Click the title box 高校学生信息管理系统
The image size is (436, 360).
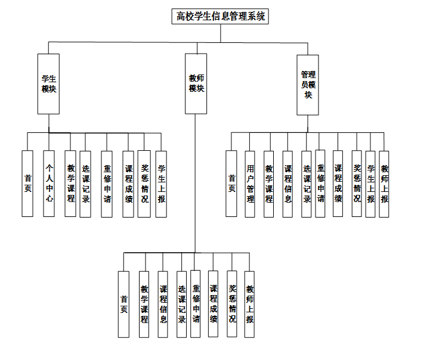[x=219, y=16]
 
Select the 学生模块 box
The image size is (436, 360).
[x=48, y=83]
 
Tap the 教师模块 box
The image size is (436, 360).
[x=196, y=83]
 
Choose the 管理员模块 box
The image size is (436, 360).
[x=308, y=85]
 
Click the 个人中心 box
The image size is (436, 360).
[x=49, y=184]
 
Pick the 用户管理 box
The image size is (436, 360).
[x=251, y=184]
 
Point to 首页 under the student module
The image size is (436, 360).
[x=27, y=184]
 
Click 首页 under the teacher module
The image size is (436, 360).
[x=123, y=305]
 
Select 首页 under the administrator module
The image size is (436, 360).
[x=231, y=184]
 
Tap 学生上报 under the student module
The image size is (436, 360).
[x=161, y=184]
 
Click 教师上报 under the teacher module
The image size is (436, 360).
[x=249, y=305]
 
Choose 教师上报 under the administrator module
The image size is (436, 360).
[x=384, y=184]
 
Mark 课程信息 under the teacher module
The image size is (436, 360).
[x=163, y=305]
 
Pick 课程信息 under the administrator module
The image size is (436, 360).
[x=287, y=184]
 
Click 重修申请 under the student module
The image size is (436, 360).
[x=107, y=184]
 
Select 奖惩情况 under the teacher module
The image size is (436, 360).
[x=232, y=305]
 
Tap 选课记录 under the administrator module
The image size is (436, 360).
[x=307, y=184]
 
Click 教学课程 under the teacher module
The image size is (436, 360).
[x=144, y=305]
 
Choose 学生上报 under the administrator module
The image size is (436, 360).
[x=370, y=184]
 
